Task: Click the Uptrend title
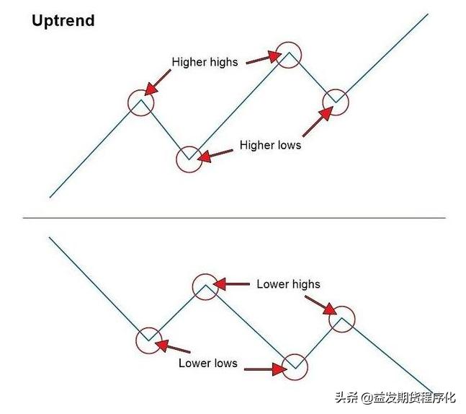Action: (x=63, y=20)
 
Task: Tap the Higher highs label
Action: (x=204, y=62)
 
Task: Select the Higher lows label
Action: (x=270, y=145)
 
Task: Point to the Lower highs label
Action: (x=288, y=283)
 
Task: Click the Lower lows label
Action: (x=207, y=363)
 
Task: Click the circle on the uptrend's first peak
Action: (x=141, y=103)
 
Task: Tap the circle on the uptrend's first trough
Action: (x=189, y=159)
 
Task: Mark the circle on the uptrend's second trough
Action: (x=335, y=102)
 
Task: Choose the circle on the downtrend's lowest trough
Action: (x=295, y=367)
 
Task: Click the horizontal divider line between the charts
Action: (x=234, y=217)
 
